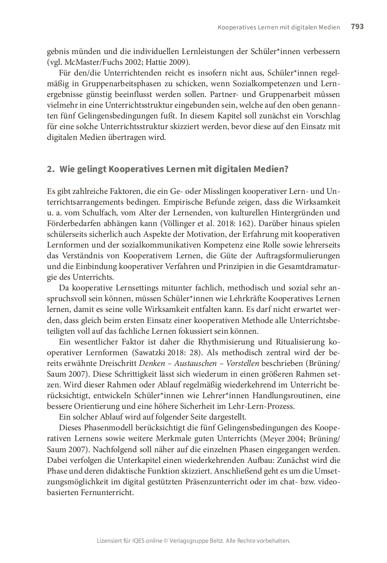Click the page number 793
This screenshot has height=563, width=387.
coord(357,27)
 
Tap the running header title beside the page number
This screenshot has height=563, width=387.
coord(279,27)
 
